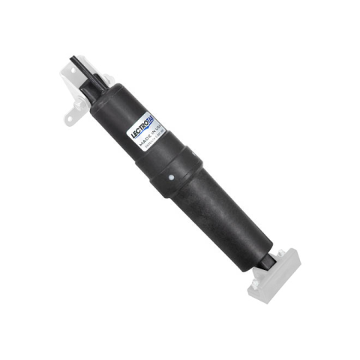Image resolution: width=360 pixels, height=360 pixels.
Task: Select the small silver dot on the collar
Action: coord(172,178)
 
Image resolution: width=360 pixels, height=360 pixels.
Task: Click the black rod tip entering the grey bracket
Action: coord(271,259)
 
